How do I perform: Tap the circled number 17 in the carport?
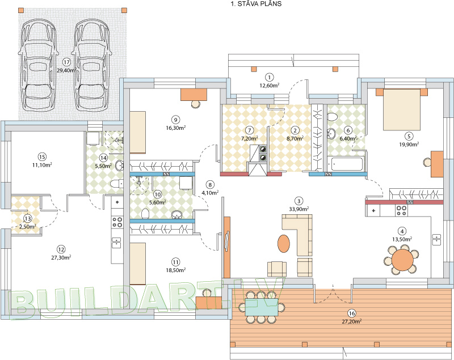[66, 62]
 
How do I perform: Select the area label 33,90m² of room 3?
[299, 209]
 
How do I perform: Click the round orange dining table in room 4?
[402, 260]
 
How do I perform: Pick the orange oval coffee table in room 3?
[284, 243]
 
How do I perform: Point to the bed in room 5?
[402, 109]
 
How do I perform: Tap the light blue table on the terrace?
[262, 307]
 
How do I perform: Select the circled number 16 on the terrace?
[352, 313]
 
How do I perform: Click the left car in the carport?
[37, 65]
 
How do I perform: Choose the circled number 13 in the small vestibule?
[28, 219]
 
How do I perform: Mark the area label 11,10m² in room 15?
[42, 165]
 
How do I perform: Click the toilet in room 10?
[145, 214]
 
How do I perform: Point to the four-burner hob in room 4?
[401, 210]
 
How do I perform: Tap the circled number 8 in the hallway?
[210, 184]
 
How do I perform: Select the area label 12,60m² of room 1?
[270, 85]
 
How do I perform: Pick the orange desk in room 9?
[194, 95]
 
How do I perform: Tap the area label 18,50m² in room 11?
[176, 270]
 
